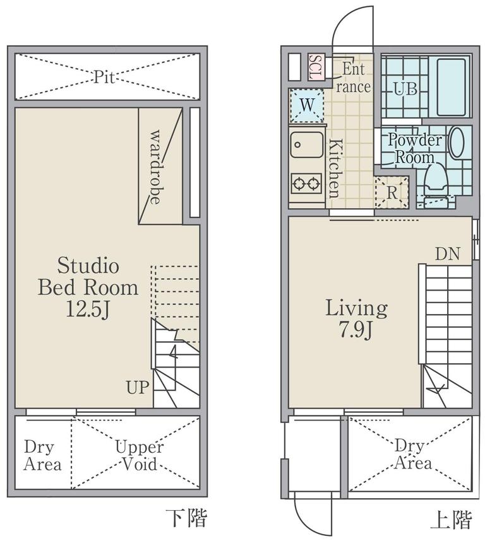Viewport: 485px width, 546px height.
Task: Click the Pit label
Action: tap(104, 77)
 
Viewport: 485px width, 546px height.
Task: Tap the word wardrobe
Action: tap(155, 167)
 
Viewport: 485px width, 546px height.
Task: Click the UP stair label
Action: tap(138, 387)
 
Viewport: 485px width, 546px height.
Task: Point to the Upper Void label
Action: tap(140, 455)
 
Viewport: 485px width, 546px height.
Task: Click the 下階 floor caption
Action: tap(186, 518)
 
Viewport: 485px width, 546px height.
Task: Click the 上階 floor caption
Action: tap(451, 519)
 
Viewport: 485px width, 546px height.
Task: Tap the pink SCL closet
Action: tap(316, 67)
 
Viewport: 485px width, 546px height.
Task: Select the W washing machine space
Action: tap(307, 105)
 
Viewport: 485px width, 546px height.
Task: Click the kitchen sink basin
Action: tap(306, 144)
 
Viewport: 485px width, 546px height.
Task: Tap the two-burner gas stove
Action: tap(306, 183)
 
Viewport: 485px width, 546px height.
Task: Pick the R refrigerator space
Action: tap(392, 192)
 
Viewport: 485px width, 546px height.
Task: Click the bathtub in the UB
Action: tap(451, 87)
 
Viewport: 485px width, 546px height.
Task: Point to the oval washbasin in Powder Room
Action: tap(457, 142)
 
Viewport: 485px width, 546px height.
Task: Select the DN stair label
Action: tap(447, 254)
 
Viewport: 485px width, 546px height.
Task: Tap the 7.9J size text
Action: tap(356, 329)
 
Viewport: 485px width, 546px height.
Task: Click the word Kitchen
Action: tap(334, 168)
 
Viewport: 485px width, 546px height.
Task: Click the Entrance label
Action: tap(353, 78)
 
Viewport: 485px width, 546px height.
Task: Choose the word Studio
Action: tap(88, 265)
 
